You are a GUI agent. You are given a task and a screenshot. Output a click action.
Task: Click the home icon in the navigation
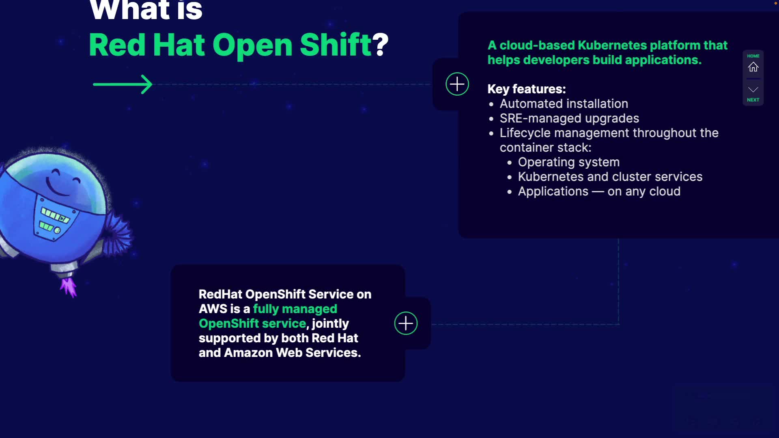(x=753, y=67)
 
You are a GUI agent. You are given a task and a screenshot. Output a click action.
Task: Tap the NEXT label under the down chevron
(x=753, y=100)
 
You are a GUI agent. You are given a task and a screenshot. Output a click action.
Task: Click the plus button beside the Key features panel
(x=457, y=84)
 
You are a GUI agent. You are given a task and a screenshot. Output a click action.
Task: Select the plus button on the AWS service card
(x=406, y=323)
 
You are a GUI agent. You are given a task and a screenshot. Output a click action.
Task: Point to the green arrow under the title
(x=123, y=84)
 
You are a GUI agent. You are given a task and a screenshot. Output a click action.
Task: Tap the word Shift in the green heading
(x=336, y=45)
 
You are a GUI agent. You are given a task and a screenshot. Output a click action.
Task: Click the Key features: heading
(x=526, y=89)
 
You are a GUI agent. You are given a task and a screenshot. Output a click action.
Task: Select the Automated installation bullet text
(x=564, y=104)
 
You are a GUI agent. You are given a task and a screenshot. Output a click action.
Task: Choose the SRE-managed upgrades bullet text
(x=569, y=118)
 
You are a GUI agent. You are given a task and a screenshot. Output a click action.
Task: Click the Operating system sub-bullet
(x=568, y=162)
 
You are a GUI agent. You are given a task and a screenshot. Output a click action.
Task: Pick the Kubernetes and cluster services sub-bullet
(x=610, y=177)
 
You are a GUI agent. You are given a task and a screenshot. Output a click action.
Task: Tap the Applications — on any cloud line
(x=599, y=191)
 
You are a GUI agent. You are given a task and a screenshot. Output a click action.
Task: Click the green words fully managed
(x=295, y=309)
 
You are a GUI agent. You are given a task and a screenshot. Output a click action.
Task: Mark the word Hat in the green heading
(x=179, y=45)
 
